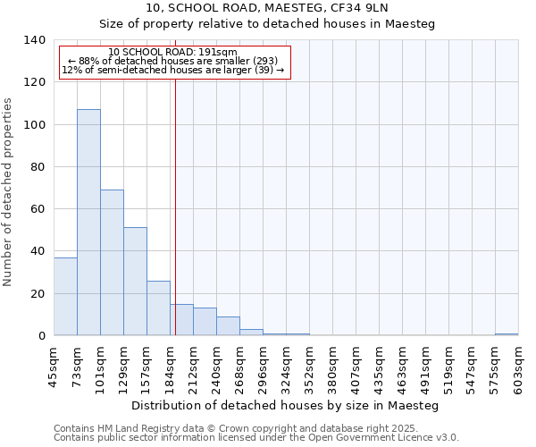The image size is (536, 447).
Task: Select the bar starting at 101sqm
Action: coord(112,263)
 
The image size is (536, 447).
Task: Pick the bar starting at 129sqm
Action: coord(135,282)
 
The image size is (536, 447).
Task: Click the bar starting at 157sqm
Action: coord(158,308)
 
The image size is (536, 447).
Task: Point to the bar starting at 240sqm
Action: coord(228,326)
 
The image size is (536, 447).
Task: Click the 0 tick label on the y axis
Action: coord(41,336)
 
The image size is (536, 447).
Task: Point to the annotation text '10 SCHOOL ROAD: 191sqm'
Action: coord(172,52)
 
